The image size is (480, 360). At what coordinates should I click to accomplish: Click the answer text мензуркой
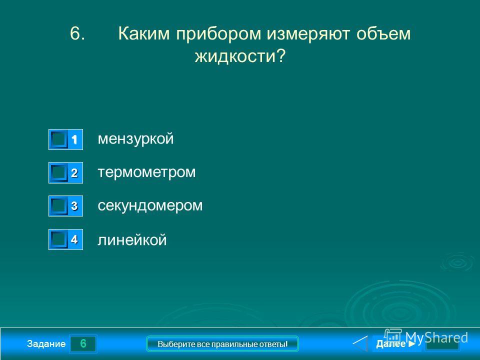point(135,139)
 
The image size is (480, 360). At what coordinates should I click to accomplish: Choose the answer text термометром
point(146,172)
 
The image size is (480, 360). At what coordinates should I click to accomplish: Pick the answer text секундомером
point(150,205)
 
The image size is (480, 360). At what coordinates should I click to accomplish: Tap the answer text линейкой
point(132,239)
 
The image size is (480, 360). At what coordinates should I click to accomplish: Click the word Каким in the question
point(144,33)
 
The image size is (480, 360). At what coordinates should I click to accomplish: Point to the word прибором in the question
point(218,33)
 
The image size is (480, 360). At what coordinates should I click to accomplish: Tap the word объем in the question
point(383,33)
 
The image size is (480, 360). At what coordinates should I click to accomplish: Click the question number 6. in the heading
point(77,33)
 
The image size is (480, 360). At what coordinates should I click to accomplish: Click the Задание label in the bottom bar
point(46,344)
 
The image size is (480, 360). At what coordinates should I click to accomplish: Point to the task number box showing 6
point(83,344)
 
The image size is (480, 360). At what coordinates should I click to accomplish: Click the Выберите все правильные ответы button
point(222,344)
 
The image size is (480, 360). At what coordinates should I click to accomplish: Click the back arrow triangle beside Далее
point(360,343)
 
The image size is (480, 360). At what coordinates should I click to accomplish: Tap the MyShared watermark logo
point(426,337)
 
